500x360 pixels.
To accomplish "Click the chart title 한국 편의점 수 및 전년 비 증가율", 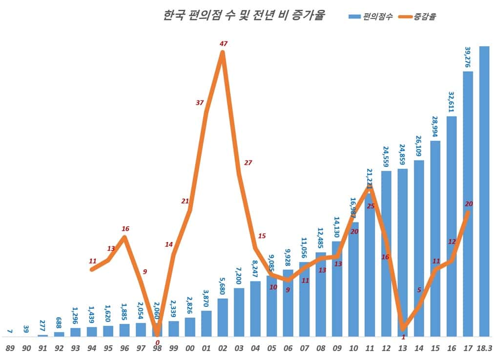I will (x=244, y=16).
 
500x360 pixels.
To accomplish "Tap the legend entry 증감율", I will (x=418, y=16).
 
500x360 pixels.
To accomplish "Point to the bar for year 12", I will (x=386, y=253).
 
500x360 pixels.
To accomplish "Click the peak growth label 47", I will (x=224, y=44).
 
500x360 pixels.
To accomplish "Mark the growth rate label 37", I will (x=200, y=102).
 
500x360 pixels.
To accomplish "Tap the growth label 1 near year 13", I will (x=403, y=337).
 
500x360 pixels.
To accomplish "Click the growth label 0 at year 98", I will (x=158, y=342).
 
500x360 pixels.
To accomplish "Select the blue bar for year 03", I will (x=239, y=312).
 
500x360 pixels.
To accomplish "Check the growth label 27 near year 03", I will (x=248, y=163).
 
